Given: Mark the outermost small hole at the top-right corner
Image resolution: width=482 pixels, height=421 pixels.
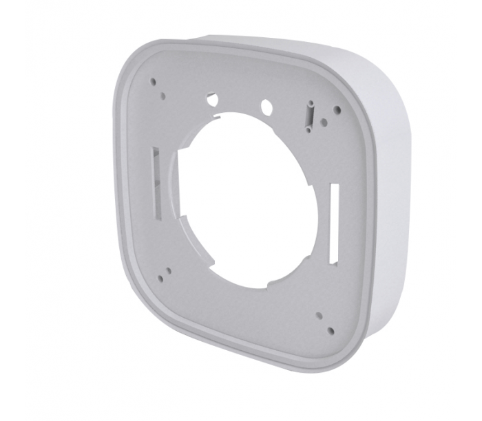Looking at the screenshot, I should click(x=336, y=109).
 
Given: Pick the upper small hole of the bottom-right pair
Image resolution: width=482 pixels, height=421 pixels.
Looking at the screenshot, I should click(x=319, y=315).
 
